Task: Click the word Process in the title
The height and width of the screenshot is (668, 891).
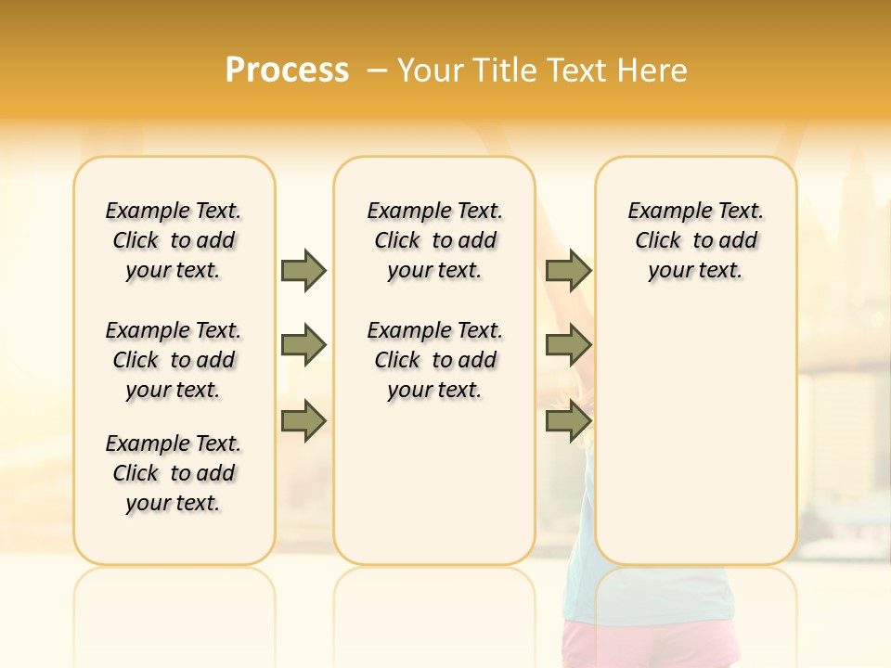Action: click(287, 70)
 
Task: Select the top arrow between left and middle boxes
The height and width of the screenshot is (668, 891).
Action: click(303, 270)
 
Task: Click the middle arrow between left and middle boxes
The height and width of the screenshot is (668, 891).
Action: click(303, 345)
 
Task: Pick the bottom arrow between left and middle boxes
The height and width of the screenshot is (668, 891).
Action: click(303, 421)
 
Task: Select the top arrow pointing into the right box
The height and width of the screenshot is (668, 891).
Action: click(567, 270)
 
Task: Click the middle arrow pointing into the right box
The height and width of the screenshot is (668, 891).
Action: click(567, 345)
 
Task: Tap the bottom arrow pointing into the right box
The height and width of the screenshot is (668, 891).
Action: click(567, 421)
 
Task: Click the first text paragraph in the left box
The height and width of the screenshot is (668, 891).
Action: click(174, 240)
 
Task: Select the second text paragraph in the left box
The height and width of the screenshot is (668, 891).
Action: click(174, 360)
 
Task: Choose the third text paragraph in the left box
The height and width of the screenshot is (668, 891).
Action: click(174, 473)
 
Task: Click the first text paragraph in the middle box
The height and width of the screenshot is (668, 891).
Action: click(434, 240)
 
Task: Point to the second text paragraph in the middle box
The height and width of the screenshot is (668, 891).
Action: click(434, 360)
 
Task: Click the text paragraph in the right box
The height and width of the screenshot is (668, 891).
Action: click(695, 240)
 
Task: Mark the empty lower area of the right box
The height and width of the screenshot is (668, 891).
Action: click(695, 436)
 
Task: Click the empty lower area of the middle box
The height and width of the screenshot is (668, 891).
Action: click(434, 482)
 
